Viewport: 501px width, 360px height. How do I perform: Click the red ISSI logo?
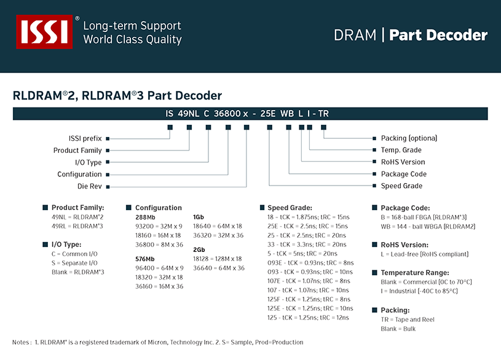44,31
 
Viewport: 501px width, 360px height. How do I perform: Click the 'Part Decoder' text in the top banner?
438,35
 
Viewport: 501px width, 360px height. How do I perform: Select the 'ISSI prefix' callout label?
85,139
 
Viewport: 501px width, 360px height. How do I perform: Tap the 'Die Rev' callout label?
90,186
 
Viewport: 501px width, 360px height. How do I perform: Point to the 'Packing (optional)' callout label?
409,138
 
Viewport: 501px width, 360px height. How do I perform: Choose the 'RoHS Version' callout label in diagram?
403,162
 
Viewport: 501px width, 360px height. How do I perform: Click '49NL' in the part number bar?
188,114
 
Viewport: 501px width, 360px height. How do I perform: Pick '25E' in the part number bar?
268,114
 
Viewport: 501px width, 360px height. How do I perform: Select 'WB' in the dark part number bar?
287,114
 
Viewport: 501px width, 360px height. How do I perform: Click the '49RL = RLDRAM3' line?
77,226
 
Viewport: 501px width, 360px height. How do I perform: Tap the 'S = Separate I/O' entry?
74,263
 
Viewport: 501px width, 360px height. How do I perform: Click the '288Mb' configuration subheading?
145,217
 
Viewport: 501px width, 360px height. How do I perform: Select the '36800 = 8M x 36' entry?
159,245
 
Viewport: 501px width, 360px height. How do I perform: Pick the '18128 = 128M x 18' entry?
217,259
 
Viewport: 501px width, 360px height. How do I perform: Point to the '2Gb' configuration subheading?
199,250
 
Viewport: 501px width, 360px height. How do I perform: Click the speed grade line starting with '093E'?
310,263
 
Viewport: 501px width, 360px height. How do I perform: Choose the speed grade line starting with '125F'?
309,299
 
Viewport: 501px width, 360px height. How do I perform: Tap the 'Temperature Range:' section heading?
415,273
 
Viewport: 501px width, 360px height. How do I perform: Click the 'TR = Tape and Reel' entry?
408,319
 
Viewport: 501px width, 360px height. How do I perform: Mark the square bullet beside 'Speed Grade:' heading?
262,208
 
